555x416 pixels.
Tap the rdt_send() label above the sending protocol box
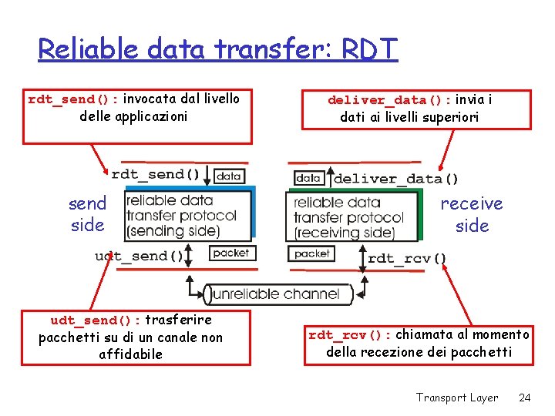[x=157, y=174]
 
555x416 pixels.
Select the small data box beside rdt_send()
[x=229, y=176]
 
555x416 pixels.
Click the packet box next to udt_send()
[x=230, y=253]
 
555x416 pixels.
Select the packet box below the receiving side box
[x=311, y=253]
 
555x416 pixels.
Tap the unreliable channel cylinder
[x=277, y=294]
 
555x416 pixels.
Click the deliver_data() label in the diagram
[x=395, y=179]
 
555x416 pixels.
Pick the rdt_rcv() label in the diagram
[x=407, y=259]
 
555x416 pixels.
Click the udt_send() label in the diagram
[x=140, y=256]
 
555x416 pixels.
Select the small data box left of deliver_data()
[x=308, y=178]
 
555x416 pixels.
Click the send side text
[x=87, y=214]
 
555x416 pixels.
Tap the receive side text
[x=472, y=214]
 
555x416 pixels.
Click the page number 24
[x=525, y=398]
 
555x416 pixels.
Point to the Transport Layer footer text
[x=457, y=398]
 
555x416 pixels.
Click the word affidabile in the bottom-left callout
[x=131, y=355]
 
